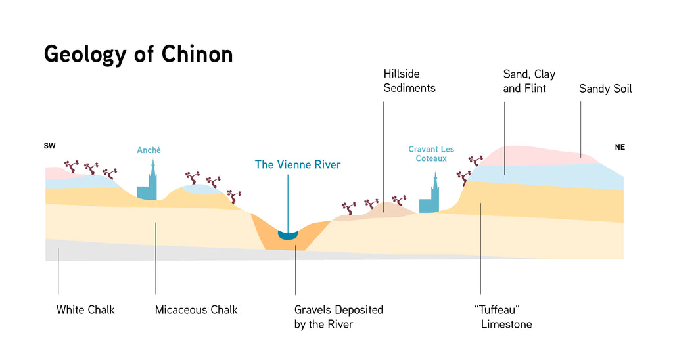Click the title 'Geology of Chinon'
coord(138,54)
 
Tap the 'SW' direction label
coord(49,146)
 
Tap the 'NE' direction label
coord(620,147)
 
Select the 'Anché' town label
coord(149,150)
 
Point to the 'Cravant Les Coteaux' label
coord(431,154)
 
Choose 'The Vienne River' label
coord(298,164)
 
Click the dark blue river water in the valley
coord(288,235)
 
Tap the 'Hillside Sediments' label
coord(409,81)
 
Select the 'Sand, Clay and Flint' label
coord(529,81)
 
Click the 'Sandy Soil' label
coord(605,89)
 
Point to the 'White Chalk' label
coord(85,309)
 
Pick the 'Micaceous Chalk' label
coord(196,309)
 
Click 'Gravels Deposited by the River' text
coord(338,316)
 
